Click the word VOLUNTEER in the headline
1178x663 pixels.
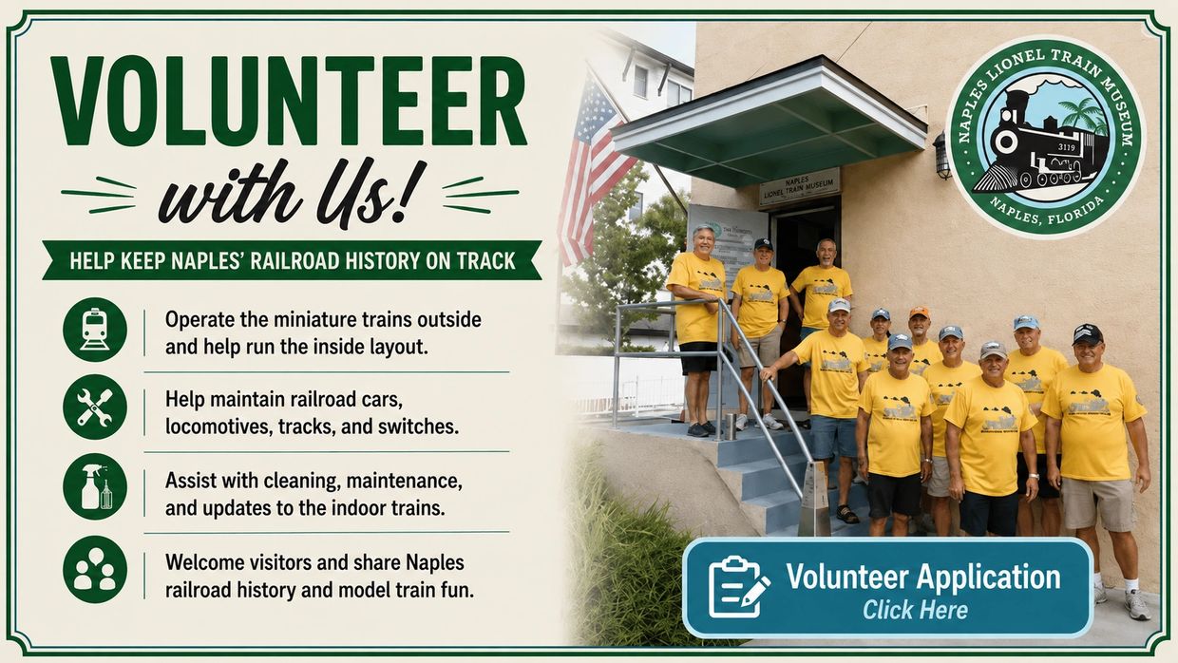point(289,101)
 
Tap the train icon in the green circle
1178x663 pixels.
point(95,330)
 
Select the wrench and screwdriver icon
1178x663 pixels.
point(95,407)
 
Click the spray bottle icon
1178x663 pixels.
point(95,486)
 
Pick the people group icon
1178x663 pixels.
point(95,569)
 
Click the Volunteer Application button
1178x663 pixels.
point(887,587)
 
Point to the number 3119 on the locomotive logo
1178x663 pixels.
point(1066,147)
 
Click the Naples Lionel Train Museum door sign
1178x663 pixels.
point(799,187)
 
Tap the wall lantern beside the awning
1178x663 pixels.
point(941,155)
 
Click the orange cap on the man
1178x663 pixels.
point(920,313)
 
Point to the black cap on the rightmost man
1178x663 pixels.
point(1087,333)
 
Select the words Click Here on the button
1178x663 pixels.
point(915,610)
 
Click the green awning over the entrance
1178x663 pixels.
point(769,122)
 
